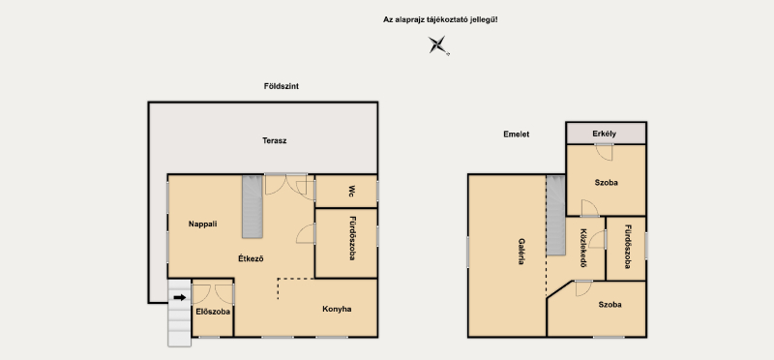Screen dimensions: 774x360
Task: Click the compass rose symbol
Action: click(x=438, y=45)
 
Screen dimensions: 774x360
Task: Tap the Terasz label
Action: click(x=274, y=140)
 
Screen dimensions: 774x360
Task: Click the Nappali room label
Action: click(x=202, y=224)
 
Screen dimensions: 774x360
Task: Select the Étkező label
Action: click(x=251, y=258)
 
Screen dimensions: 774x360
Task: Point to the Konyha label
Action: click(x=337, y=310)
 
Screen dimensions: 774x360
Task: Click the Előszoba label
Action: click(x=213, y=312)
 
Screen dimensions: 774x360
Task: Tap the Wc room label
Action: click(x=352, y=191)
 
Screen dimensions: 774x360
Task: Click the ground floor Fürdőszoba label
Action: click(x=352, y=238)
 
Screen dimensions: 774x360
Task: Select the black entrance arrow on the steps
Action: click(x=180, y=297)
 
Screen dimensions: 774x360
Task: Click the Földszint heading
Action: click(x=281, y=86)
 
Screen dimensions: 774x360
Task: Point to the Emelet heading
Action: click(x=517, y=135)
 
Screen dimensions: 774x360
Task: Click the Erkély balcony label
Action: click(x=604, y=134)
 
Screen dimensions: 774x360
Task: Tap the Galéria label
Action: click(x=521, y=252)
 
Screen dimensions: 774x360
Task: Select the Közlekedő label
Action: click(x=583, y=248)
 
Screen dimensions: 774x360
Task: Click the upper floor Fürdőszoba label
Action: click(x=627, y=247)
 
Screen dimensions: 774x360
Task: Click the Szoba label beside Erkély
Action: click(x=607, y=183)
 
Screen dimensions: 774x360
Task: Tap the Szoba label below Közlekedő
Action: click(x=610, y=305)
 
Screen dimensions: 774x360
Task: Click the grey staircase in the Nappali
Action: click(x=253, y=206)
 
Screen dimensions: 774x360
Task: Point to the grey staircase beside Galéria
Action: click(x=555, y=215)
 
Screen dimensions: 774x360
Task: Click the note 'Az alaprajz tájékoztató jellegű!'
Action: click(x=440, y=19)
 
